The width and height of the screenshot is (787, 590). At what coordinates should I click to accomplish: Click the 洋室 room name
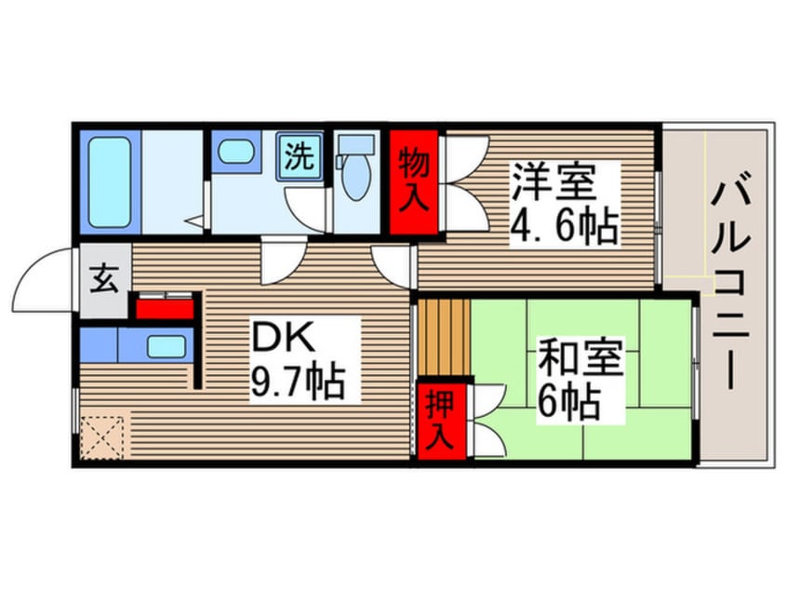552,182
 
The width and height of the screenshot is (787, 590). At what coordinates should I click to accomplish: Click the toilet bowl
355,181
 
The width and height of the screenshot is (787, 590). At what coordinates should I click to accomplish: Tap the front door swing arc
42,279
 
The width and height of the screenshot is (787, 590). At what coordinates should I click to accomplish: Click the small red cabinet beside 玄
166,306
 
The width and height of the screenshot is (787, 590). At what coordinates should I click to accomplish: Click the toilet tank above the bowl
355,144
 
